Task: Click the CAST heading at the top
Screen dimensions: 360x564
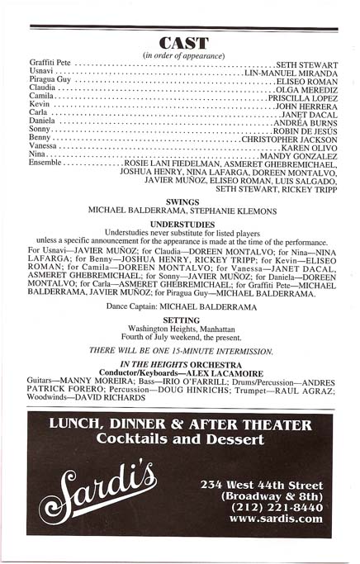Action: coord(183,43)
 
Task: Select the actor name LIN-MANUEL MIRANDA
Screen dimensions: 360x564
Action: coord(291,74)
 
